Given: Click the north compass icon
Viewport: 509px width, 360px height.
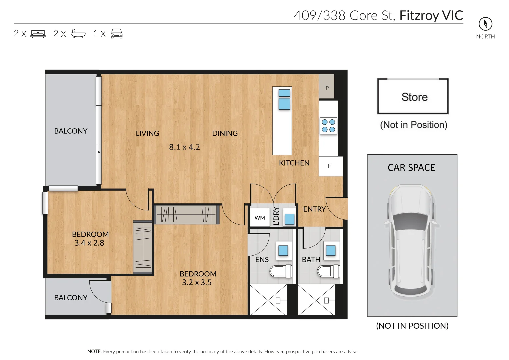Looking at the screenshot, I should point(485,24).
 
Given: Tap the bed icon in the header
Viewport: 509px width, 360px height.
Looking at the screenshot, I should point(38,34).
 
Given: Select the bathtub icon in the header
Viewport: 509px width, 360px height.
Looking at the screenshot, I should point(78,34).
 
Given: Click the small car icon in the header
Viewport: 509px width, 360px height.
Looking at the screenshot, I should point(116,34).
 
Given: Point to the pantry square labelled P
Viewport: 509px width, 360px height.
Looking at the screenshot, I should point(327,88).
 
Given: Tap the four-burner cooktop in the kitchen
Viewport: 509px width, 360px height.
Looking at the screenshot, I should point(328,126).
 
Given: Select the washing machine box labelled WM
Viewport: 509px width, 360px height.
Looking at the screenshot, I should point(260,218).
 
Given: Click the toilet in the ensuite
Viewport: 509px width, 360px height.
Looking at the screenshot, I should point(280,271).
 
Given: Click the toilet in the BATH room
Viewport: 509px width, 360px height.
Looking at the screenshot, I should point(328,271).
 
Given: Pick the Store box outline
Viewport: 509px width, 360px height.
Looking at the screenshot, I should point(413,96).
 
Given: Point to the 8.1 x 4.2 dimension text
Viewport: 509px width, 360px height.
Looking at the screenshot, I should point(184,147).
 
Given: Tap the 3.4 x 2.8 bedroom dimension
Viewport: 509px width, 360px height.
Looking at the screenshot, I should point(89,243).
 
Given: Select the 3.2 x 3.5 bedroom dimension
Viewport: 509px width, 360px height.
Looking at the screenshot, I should point(197,282).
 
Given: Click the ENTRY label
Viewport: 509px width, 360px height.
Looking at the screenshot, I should point(314,209).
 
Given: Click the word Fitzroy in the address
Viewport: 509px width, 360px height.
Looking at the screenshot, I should point(419,16).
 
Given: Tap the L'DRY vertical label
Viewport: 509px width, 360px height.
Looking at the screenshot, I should point(276,216).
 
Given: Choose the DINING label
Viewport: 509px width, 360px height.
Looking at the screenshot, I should point(225,133).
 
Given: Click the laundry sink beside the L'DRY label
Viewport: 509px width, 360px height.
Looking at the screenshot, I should point(289,218).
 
